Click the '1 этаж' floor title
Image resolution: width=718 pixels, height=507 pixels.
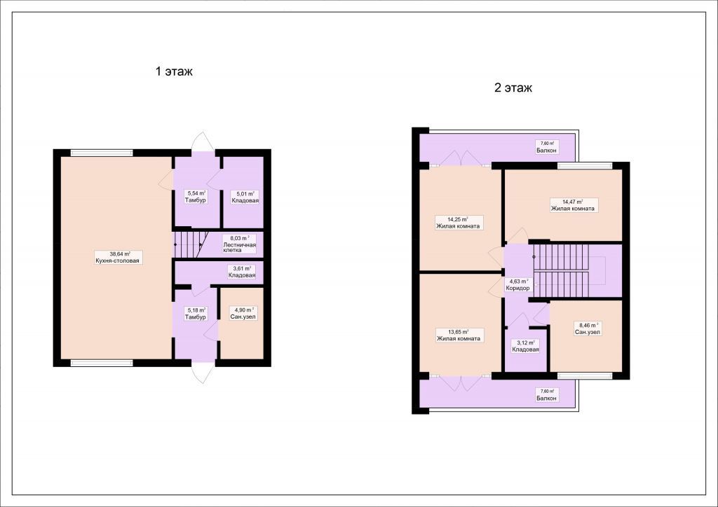click(174, 71)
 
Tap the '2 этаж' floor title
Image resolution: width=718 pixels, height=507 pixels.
click(513, 88)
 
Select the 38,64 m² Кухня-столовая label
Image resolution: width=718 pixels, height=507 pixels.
click(117, 258)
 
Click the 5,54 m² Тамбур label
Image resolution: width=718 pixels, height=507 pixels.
click(196, 197)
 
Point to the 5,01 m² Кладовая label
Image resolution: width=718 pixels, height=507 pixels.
click(245, 197)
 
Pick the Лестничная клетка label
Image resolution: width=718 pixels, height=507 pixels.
click(240, 244)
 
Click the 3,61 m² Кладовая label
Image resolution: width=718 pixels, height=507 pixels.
click(241, 272)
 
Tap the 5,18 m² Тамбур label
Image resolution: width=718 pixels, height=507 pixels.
click(196, 313)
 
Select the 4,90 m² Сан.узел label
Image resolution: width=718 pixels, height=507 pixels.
click(243, 313)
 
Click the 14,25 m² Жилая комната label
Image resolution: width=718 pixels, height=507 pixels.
click(458, 223)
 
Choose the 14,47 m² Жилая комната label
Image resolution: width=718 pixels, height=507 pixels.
click(572, 204)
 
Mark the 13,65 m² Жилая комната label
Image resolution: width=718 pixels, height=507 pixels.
click(459, 335)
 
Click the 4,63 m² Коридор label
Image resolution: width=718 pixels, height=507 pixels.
click(518, 285)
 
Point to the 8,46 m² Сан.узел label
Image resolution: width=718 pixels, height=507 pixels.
click(588, 328)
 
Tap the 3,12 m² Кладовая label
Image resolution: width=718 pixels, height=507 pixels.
click(525, 346)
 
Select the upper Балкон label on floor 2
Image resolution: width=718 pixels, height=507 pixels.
click(547, 147)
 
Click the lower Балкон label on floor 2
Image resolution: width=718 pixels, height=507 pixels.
click(547, 394)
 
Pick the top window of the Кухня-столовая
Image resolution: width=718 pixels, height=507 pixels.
click(102, 153)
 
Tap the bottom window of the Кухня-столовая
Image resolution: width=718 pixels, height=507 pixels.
click(102, 363)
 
